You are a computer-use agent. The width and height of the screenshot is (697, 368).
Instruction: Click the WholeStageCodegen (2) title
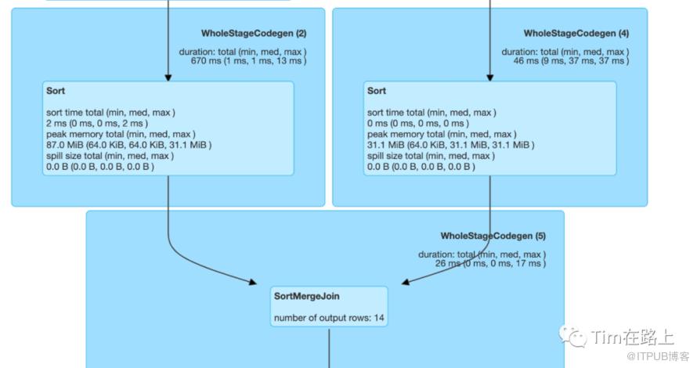pos(255,33)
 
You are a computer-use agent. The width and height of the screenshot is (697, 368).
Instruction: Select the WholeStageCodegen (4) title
pos(576,33)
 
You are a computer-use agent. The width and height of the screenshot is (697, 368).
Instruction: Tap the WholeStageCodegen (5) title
pos(493,236)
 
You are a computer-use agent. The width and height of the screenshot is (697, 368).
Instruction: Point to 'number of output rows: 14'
pos(329,319)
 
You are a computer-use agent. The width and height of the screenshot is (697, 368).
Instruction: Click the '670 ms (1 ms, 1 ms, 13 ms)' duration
pos(248,60)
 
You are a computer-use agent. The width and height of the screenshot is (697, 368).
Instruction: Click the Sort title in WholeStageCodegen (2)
pos(56,92)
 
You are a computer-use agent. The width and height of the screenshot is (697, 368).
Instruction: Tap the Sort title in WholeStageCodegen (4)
pos(377,92)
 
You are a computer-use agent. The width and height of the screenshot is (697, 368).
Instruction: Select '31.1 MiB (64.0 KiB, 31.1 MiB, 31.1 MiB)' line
pos(450,145)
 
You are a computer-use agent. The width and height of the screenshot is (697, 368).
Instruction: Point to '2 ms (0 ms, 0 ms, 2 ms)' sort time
pos(96,124)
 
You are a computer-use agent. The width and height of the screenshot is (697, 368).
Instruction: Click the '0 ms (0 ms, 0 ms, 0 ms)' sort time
pos(417,124)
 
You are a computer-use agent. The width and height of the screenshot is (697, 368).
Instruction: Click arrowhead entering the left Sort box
pos(168,78)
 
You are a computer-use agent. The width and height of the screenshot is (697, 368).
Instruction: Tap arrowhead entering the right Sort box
pos(490,78)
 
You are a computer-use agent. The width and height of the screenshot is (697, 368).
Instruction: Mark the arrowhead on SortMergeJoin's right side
pos(405,281)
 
